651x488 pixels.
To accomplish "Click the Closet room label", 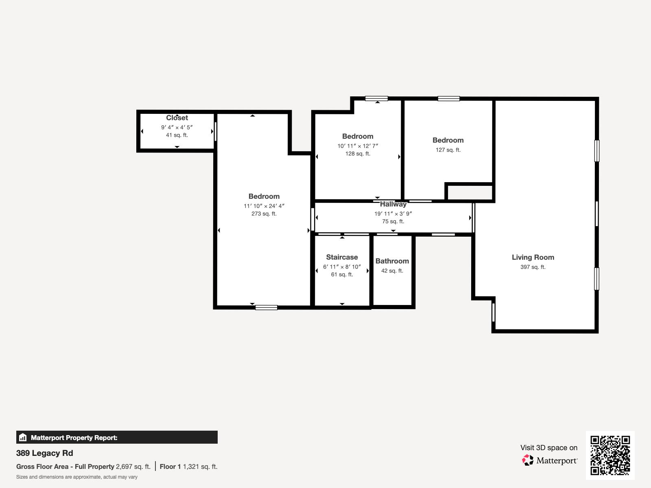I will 177,118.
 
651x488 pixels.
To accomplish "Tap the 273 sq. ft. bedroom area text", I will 264,213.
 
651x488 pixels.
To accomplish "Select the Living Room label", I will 533,257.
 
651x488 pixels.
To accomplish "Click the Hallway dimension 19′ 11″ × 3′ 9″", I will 393,213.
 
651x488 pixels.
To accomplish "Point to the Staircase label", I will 342,257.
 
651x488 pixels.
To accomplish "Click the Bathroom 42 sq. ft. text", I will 392,271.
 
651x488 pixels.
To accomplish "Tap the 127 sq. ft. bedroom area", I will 448,150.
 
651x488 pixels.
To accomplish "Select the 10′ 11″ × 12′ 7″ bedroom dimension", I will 358,146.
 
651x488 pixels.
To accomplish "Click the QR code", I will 610,455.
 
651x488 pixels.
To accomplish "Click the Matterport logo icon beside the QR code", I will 528,460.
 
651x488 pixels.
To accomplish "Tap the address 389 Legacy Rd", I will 45,453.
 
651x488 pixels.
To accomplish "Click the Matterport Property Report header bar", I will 117,438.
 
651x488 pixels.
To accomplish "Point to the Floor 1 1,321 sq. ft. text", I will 188,466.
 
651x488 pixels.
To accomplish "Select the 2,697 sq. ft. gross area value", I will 133,466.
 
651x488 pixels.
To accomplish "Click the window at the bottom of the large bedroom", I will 266,307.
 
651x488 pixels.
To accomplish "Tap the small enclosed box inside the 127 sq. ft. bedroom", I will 470,192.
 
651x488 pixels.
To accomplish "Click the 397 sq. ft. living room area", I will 533,267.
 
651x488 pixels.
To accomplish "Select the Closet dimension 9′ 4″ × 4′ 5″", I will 177,127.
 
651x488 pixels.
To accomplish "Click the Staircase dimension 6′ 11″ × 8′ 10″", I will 342,267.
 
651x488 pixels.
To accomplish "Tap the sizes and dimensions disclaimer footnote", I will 77,477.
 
